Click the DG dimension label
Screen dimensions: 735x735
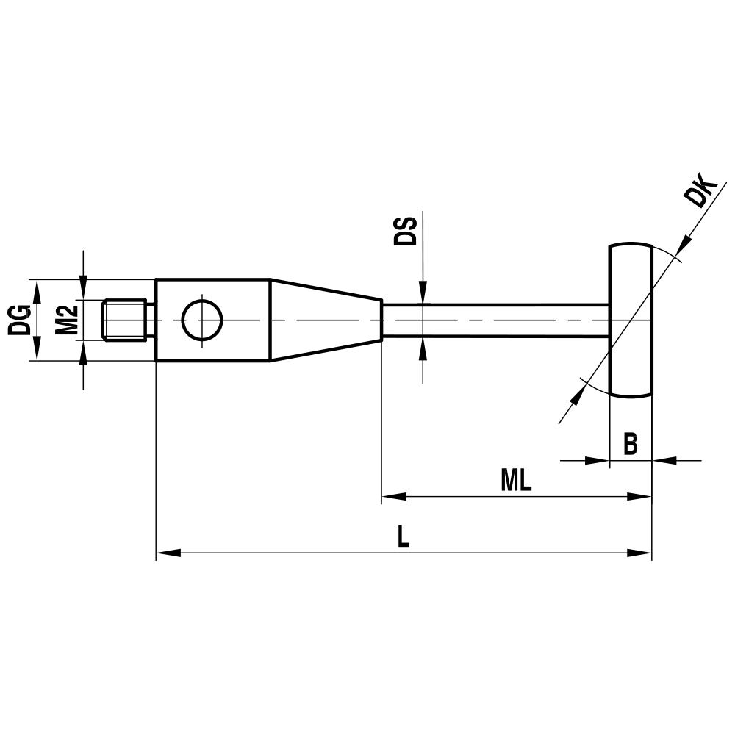click(x=19, y=320)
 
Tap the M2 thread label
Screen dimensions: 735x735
click(x=67, y=320)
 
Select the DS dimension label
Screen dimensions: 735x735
click(x=405, y=231)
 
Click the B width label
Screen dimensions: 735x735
click(x=630, y=444)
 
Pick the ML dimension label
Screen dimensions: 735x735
click(x=516, y=481)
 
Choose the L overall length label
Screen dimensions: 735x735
click(x=403, y=537)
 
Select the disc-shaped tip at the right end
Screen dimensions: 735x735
click(x=631, y=320)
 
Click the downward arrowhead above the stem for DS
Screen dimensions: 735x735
click(x=423, y=294)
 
